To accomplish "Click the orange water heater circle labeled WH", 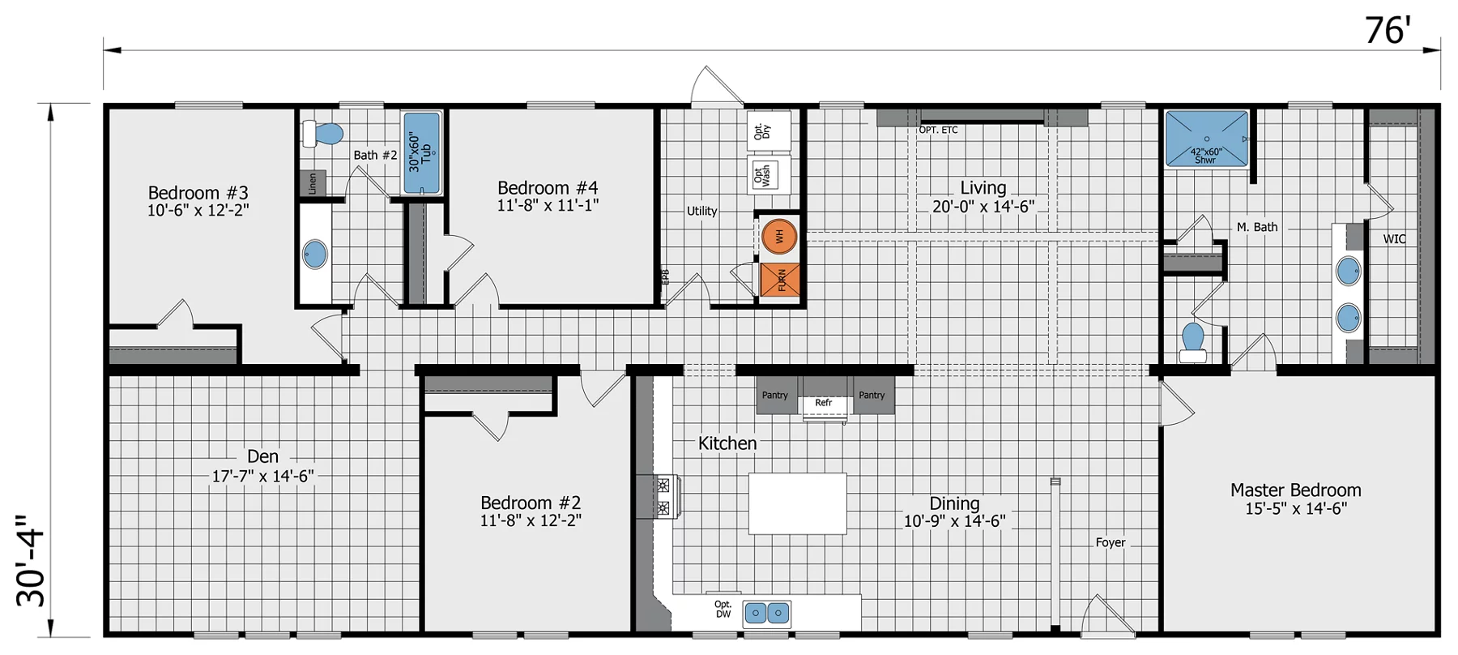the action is [779, 236].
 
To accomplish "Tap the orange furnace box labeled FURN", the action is [780, 280].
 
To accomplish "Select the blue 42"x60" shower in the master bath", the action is [1206, 139].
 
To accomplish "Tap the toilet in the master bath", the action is [1193, 343].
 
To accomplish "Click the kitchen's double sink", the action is [767, 613].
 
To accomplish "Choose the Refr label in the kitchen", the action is [824, 403].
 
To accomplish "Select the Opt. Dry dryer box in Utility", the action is [768, 131].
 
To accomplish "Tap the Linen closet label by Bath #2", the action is [313, 183].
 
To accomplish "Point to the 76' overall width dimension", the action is [1388, 31].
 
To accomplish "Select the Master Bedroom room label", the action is [1295, 490].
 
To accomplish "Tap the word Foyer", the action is [1111, 542].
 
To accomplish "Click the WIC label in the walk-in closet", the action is [1394, 239].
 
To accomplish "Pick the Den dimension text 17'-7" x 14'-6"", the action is [263, 476].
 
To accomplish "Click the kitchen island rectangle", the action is [798, 503].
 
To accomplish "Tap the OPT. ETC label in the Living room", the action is [938, 130].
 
